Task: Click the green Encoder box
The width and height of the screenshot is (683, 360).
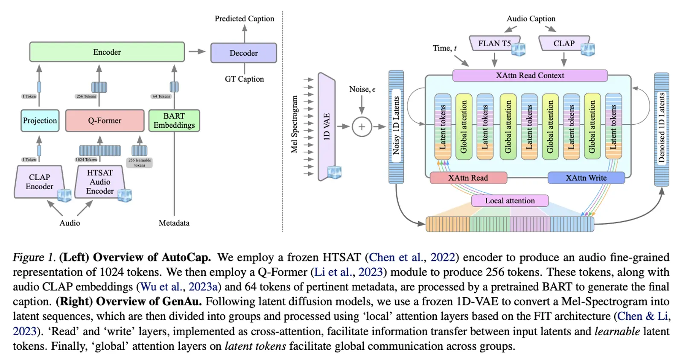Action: click(x=107, y=52)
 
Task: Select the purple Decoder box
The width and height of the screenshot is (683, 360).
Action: click(x=243, y=53)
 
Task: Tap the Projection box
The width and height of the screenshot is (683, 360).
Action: click(x=40, y=120)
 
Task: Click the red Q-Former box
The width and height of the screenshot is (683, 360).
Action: click(x=105, y=120)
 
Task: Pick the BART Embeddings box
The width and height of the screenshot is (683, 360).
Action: click(x=174, y=120)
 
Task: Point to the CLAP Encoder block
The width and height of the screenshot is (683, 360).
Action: click(x=39, y=182)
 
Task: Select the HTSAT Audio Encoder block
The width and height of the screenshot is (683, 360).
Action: click(x=100, y=182)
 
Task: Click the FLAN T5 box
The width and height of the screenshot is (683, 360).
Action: click(x=494, y=44)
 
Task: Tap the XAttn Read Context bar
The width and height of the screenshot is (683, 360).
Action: click(x=530, y=76)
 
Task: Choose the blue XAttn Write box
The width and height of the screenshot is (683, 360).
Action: click(x=586, y=178)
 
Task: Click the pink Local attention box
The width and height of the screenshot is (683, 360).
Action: click(x=510, y=201)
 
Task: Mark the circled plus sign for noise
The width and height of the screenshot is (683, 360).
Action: click(x=362, y=127)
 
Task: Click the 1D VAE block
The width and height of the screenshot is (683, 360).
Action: click(x=327, y=127)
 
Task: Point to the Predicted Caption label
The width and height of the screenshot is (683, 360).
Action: click(x=244, y=19)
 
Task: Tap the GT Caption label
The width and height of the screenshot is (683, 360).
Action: click(x=244, y=79)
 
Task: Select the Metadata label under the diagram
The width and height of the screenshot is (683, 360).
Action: click(x=174, y=223)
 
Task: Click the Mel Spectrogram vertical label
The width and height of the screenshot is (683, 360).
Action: click(x=294, y=124)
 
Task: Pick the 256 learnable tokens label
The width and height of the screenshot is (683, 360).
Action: click(x=140, y=163)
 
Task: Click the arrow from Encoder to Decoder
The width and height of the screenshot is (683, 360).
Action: click(x=197, y=52)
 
